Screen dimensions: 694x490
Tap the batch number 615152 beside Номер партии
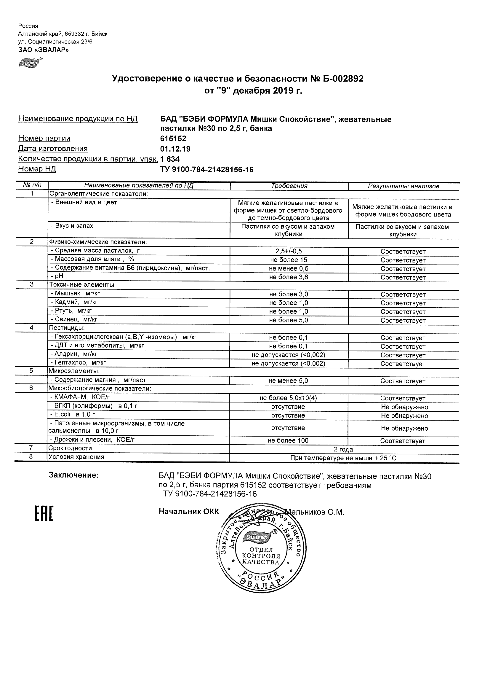173,139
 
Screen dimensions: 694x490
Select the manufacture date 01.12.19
175,149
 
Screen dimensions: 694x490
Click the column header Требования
289,186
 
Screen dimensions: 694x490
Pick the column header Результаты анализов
403,187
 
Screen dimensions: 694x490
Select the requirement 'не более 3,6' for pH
289,277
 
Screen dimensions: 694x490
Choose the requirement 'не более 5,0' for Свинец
289,320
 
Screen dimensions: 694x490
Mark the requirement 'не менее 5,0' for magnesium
288,381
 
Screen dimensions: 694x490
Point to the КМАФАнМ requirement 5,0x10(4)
288,398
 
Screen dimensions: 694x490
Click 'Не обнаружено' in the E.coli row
404,416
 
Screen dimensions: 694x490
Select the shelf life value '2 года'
343,449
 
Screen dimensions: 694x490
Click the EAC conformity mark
44,514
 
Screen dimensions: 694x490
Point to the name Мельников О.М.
316,512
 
